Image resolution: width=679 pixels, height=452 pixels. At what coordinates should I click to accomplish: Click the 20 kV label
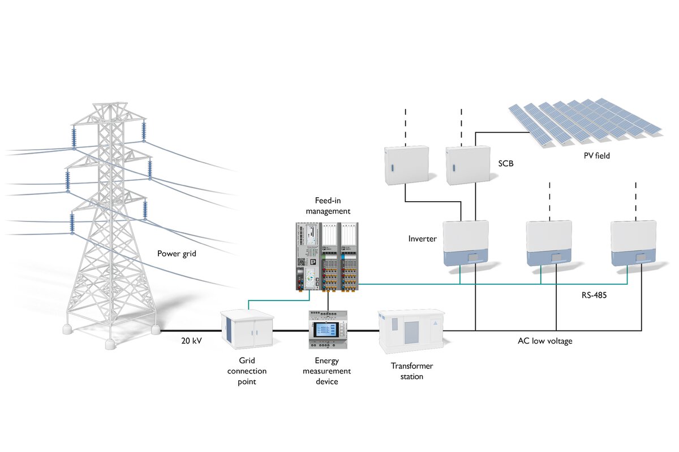(x=191, y=341)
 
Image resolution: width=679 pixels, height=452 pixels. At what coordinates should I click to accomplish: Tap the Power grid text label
(x=177, y=254)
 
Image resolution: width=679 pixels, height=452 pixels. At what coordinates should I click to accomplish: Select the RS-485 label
(x=594, y=295)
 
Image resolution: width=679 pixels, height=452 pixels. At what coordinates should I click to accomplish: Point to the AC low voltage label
(x=545, y=341)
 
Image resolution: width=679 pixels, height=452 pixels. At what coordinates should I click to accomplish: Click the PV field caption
(x=596, y=155)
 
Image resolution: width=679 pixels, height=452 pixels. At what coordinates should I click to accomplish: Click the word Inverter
(x=422, y=239)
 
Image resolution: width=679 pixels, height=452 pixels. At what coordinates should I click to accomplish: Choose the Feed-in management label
(x=328, y=206)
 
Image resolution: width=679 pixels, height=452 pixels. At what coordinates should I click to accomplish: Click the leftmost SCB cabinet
(x=406, y=166)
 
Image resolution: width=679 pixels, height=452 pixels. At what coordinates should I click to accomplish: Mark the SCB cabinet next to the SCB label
(x=467, y=166)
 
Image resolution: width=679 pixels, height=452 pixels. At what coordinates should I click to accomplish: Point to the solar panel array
(x=585, y=121)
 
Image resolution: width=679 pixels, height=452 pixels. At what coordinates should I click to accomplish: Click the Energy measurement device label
(x=327, y=371)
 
